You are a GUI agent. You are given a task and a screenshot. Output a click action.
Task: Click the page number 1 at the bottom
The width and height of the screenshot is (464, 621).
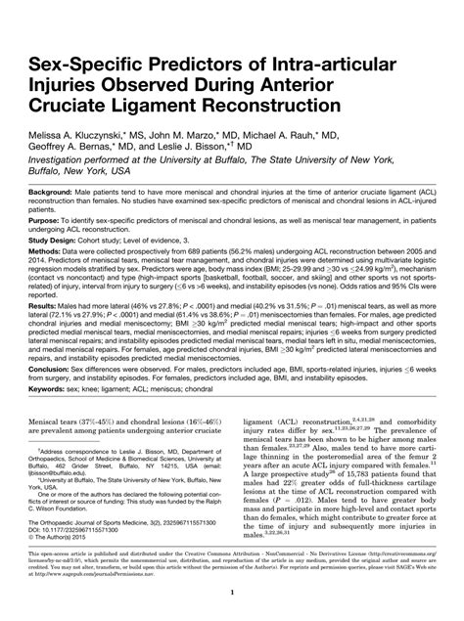tap(231, 593)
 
